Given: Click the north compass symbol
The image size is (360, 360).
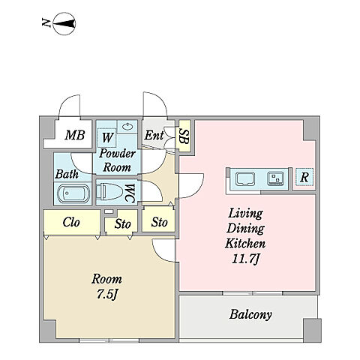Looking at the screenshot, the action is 64,24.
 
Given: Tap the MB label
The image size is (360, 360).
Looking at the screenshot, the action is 75,135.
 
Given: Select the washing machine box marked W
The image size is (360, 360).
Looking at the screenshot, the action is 107,138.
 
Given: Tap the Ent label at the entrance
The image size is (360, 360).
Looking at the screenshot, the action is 154,135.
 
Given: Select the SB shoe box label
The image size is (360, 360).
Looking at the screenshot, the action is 184,136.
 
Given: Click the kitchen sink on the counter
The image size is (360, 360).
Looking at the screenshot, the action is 245,179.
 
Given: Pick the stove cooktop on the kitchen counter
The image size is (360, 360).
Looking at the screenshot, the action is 275,178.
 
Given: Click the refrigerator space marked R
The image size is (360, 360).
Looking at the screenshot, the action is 304,177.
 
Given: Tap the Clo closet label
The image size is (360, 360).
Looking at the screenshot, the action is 71,222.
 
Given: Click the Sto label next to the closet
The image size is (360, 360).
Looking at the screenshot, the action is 122,223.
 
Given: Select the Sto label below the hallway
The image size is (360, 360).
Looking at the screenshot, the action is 159,222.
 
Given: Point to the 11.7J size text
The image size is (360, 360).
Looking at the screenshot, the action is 245,259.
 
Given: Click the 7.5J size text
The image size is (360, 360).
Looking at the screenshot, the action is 107,295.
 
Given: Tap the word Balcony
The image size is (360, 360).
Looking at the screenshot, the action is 250,314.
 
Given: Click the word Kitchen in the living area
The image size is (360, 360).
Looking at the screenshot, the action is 245,243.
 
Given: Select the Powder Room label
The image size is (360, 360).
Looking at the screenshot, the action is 117,160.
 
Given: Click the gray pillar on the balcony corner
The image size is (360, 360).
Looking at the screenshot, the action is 312,331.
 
